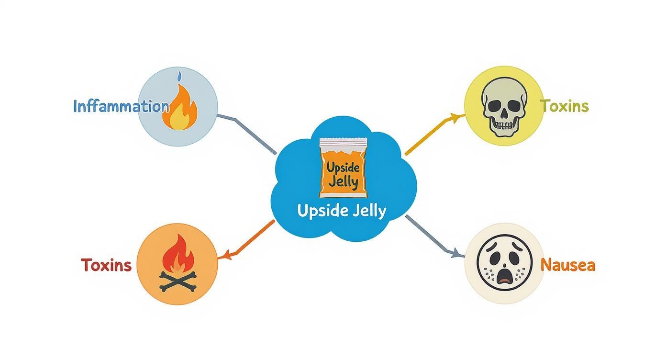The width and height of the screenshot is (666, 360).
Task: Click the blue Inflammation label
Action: [121, 106]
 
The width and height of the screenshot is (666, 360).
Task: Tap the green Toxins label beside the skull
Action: [564, 106]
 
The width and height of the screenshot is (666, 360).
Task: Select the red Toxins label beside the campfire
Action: [106, 265]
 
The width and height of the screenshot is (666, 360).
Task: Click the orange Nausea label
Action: [567, 265]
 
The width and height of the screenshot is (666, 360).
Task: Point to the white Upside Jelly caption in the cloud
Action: [342, 211]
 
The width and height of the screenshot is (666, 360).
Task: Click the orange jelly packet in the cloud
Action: [343, 168]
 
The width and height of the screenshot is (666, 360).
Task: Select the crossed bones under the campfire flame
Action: [178, 281]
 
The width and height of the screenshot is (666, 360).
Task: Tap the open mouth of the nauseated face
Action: [504, 276]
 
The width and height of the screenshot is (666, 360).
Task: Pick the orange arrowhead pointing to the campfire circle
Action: [227, 255]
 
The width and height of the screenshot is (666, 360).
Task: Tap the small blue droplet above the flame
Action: [179, 76]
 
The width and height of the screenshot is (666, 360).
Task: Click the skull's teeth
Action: [504, 125]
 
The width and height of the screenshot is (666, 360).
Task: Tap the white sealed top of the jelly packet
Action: [343, 143]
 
